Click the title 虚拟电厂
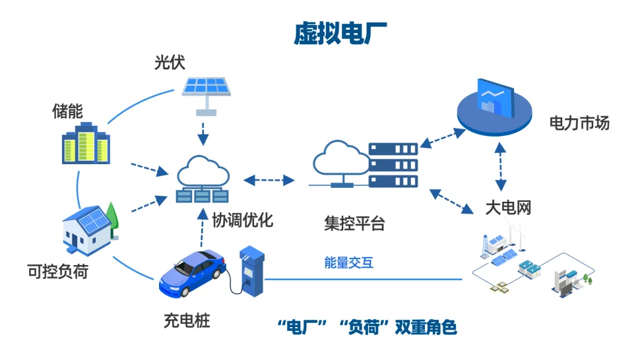340,34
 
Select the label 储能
67,111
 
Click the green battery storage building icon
86,144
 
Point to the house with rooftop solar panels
90,227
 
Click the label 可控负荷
58,270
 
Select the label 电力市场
579,123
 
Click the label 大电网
508,208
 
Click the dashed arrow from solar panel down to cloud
204,131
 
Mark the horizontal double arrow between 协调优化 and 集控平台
269,179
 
